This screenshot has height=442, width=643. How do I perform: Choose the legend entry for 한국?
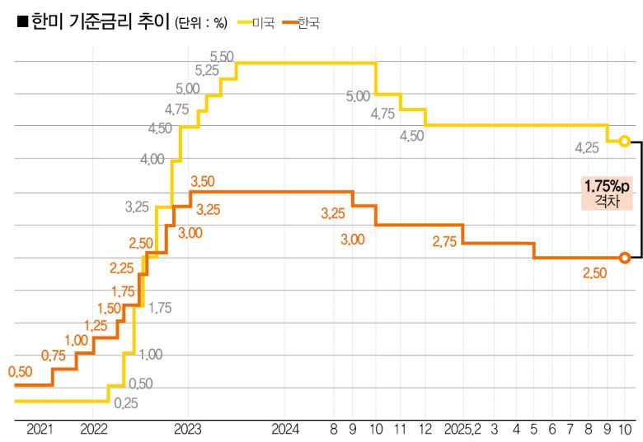pos(307,23)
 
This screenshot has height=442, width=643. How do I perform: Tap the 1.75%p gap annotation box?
pos(606,192)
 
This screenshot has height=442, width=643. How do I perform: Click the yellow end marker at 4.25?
pos(624,142)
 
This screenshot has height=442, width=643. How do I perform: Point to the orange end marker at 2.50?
pos(624,258)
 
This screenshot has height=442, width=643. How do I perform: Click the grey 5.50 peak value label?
pos(222,56)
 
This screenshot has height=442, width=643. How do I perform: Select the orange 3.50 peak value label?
pos(203,181)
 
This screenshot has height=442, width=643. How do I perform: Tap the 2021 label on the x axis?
pos(40,429)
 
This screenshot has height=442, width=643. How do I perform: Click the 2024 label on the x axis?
pos(285,429)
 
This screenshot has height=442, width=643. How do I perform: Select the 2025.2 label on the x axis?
pos(462,429)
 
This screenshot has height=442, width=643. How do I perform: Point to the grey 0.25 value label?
pos(126,403)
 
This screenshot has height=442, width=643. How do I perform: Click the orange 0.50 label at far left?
pos(21,372)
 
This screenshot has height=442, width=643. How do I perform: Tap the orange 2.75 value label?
pos(444,241)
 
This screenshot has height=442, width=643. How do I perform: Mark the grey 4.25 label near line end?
pos(587,148)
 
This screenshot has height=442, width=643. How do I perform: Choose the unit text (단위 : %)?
pos(199,24)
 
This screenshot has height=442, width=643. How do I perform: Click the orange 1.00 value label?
pos(76,340)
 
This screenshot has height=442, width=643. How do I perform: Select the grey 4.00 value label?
pos(153,159)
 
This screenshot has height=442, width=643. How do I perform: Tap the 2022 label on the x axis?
pos(94,429)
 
